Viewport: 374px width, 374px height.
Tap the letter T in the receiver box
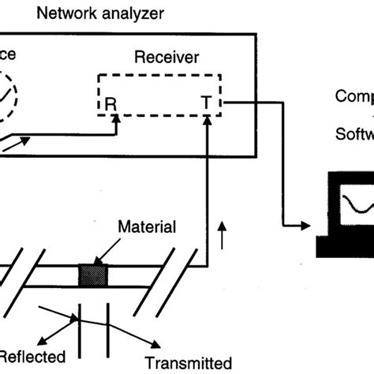tap(206, 103)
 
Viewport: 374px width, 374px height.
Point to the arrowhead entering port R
tap(117, 119)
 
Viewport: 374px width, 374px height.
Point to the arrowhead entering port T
tap(207, 119)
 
